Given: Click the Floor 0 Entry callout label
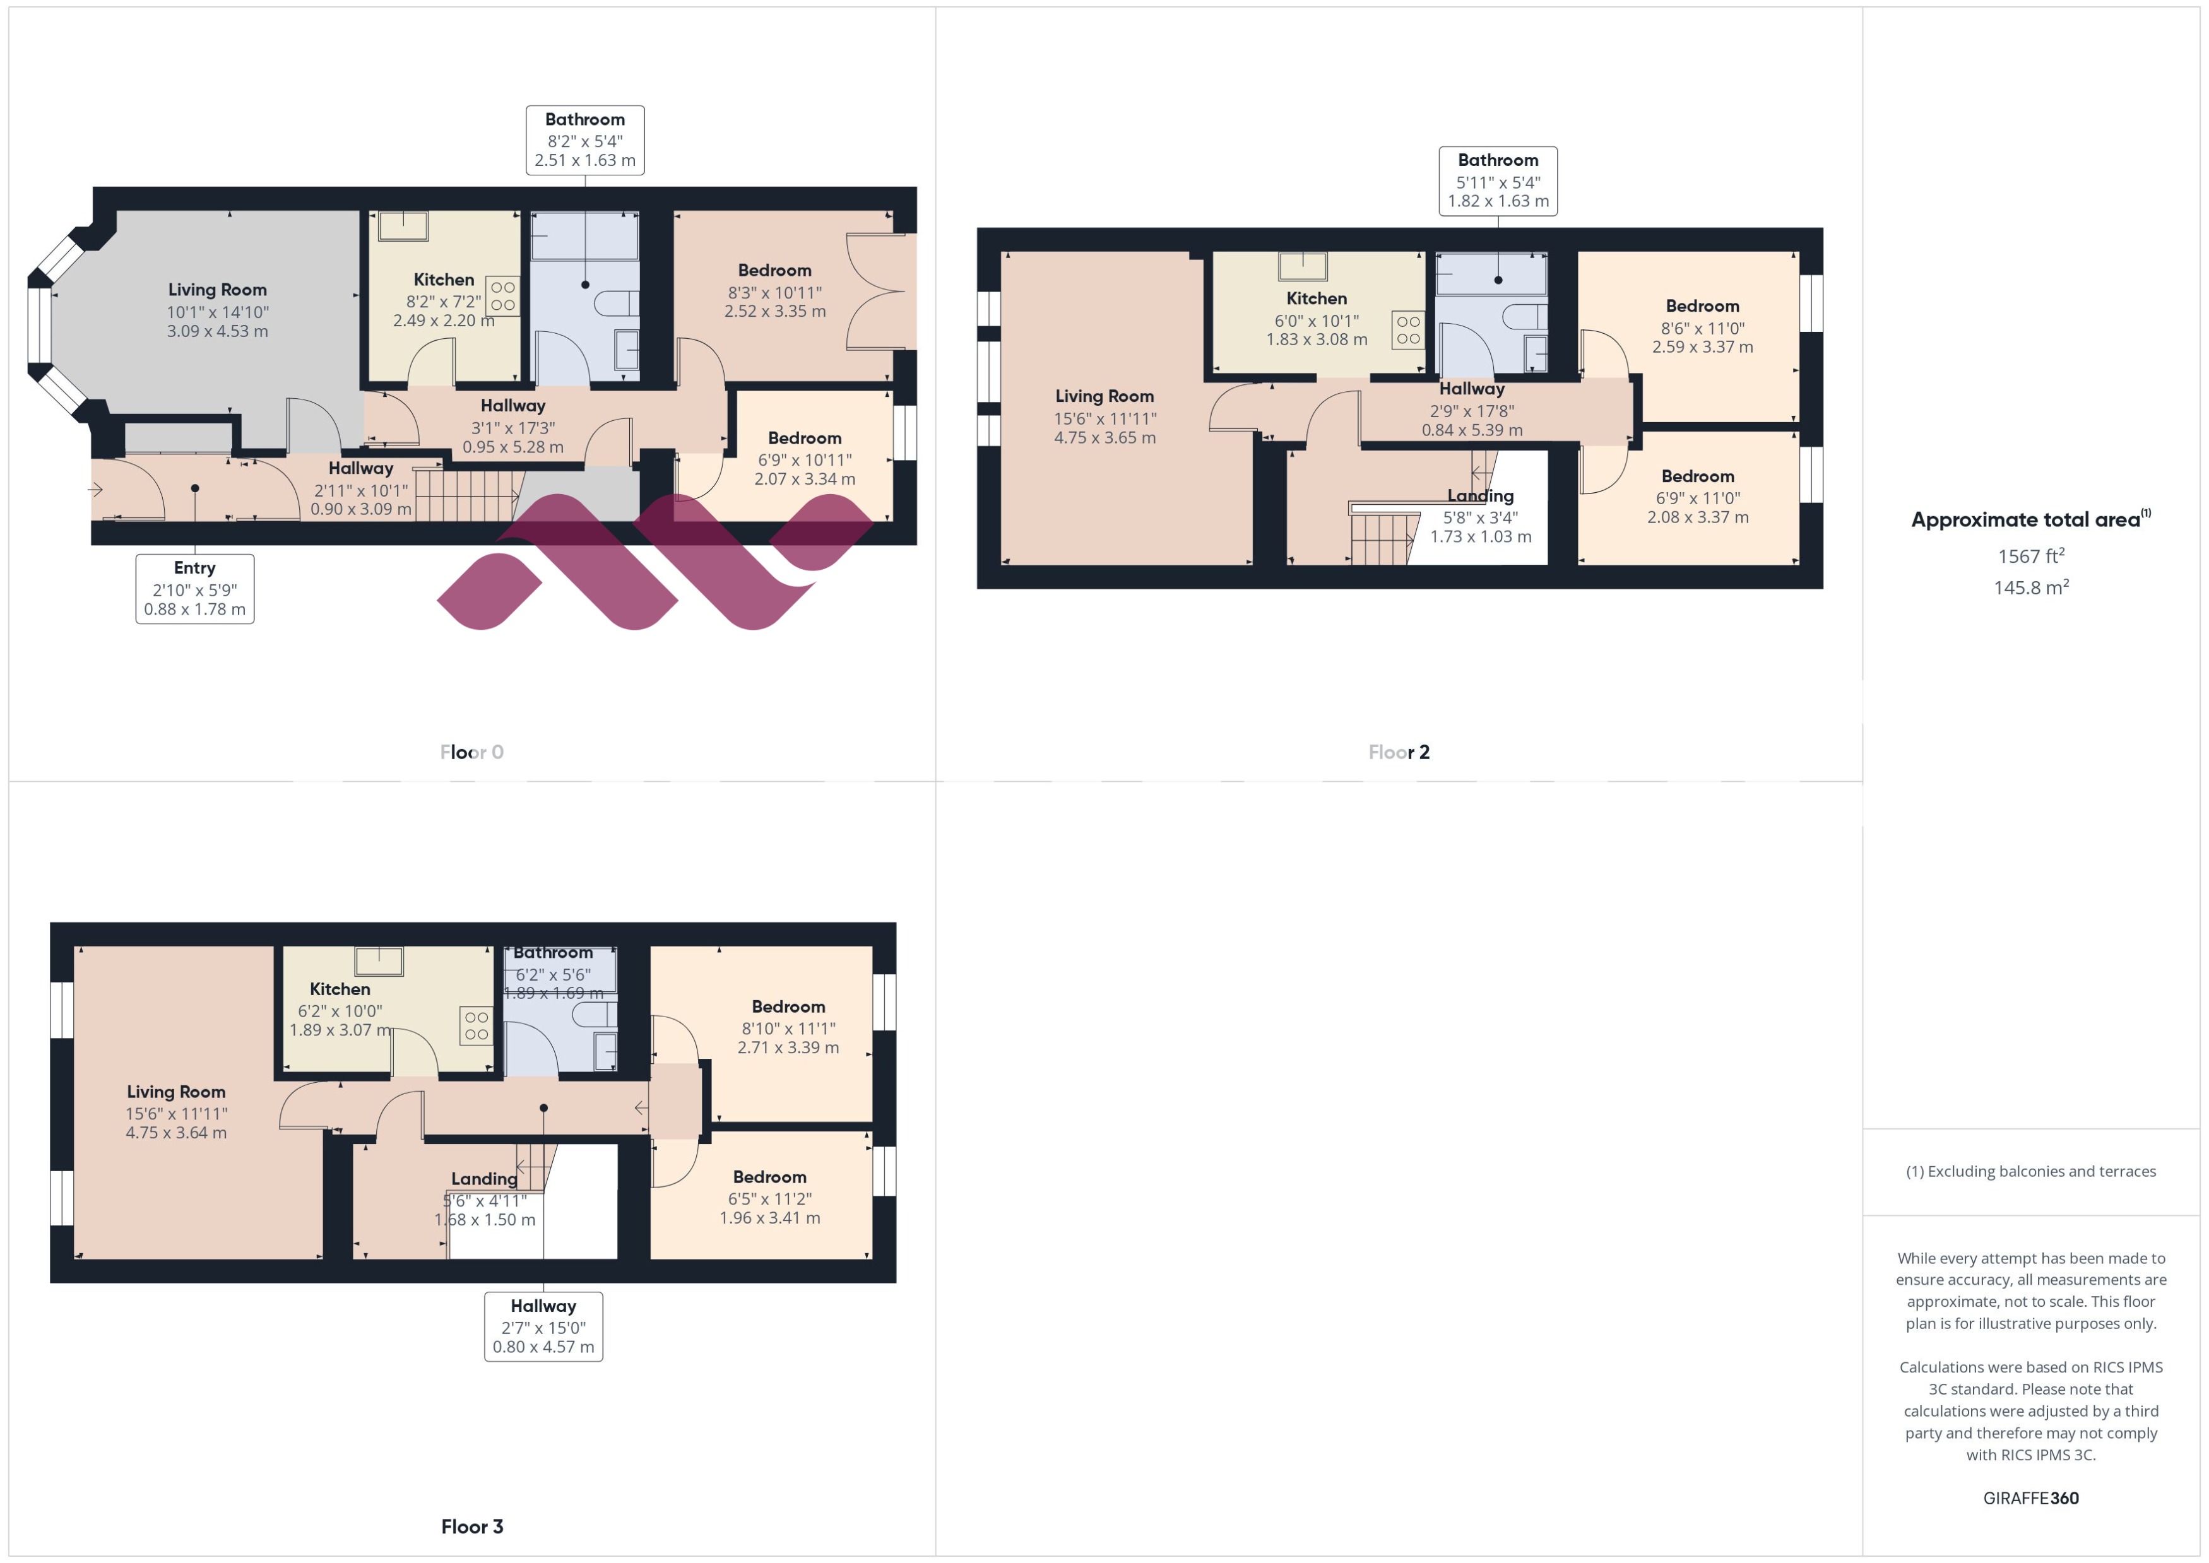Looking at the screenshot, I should click(194, 588).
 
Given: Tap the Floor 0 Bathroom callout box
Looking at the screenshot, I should click(584, 139).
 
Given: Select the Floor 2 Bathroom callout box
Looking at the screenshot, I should click(1498, 181).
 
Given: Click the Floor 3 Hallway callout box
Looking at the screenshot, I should click(543, 1326).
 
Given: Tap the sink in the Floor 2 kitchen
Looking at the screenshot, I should click(1302, 266).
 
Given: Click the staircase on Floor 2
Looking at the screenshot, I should click(1384, 537).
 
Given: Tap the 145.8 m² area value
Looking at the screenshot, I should click(2031, 587).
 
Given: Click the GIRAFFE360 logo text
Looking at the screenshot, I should click(2031, 1497).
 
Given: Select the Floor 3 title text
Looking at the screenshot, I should click(471, 1526).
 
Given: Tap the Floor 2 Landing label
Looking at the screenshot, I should click(1481, 496).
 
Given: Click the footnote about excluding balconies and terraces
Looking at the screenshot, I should click(2031, 1171).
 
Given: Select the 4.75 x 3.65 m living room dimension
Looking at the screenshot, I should click(1104, 437).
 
